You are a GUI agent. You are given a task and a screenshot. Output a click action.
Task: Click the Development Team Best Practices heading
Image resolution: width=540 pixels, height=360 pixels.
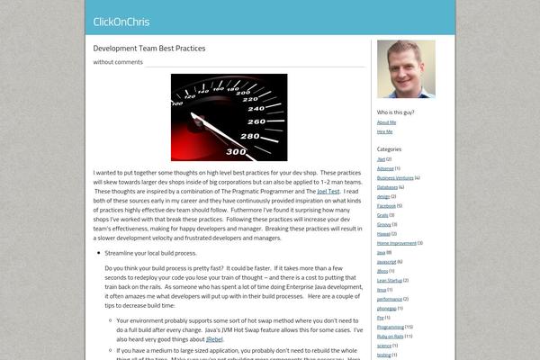pos(149,48)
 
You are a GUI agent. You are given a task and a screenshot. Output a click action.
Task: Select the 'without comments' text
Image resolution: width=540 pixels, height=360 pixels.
pos(118,62)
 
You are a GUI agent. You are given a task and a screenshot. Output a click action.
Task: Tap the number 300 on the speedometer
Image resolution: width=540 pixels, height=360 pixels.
pos(237,151)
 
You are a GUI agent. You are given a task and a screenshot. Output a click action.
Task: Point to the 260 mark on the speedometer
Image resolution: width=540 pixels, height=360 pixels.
pos(256,121)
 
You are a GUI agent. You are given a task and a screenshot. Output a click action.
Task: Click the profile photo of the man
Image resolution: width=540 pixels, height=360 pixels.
pos(405,68)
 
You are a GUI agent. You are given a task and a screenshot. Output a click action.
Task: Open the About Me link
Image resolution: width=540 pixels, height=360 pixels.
pos(386,121)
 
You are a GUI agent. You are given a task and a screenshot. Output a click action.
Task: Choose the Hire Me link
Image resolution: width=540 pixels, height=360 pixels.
pos(384,131)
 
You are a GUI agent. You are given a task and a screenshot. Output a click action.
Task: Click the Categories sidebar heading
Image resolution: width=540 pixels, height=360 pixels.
pos(389,148)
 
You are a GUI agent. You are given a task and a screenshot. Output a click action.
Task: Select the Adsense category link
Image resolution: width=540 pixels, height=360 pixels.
pos(385,168)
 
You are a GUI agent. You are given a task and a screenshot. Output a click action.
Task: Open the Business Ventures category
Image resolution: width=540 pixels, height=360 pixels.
pos(395,177)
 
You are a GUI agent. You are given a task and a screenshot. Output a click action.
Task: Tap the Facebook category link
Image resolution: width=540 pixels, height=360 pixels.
pos(386,205)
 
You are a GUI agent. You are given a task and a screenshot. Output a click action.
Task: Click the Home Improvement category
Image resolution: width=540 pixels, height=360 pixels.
pos(396,243)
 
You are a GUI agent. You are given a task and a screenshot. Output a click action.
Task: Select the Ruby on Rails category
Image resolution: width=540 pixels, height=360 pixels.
pos(392,336)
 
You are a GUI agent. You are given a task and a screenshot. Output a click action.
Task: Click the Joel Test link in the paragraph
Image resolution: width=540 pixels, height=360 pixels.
pos(328,192)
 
